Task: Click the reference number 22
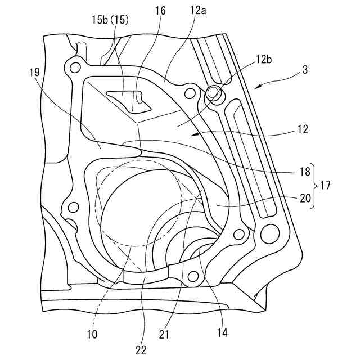[x=141, y=350]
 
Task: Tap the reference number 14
[x=222, y=333]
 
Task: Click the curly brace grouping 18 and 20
[x=316, y=184]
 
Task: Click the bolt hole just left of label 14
[x=194, y=276]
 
